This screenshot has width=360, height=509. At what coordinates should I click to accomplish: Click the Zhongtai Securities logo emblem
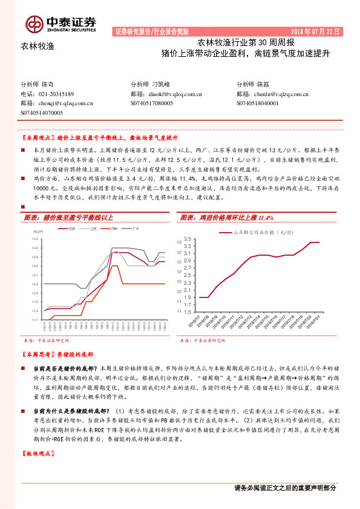pos(34,22)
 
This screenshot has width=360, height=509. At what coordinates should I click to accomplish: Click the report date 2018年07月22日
pos(316,31)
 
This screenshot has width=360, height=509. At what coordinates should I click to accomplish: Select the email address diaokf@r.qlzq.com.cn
pos(175,94)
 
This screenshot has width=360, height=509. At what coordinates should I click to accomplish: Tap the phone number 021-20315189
pos(56,94)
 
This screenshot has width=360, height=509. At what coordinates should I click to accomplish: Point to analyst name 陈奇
pos(48,85)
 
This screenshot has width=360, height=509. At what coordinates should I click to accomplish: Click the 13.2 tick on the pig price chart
pos(34,240)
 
